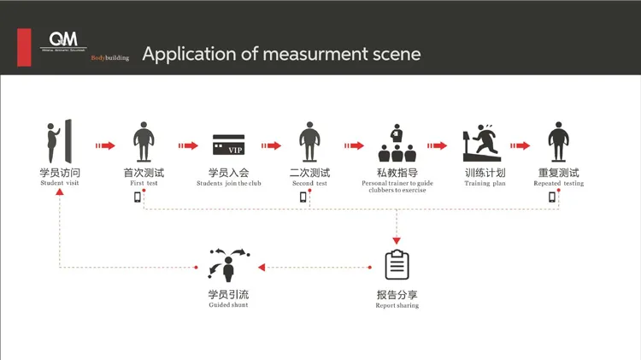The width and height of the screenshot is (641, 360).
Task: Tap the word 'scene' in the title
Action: (394, 55)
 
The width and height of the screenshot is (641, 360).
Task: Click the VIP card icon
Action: (228, 145)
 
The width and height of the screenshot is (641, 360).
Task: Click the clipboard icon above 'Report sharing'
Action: (397, 265)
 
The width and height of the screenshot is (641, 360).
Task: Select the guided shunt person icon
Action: (228, 264)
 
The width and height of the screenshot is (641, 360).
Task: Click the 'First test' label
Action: (143, 184)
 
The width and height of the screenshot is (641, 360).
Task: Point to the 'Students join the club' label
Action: (228, 184)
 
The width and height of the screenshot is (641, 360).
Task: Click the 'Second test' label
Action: (309, 184)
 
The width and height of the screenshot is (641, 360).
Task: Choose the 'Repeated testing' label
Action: (559, 184)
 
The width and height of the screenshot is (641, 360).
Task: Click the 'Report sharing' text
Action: (397, 306)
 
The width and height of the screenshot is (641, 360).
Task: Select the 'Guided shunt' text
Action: (228, 305)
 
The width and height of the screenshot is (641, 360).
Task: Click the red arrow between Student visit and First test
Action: (104, 145)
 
